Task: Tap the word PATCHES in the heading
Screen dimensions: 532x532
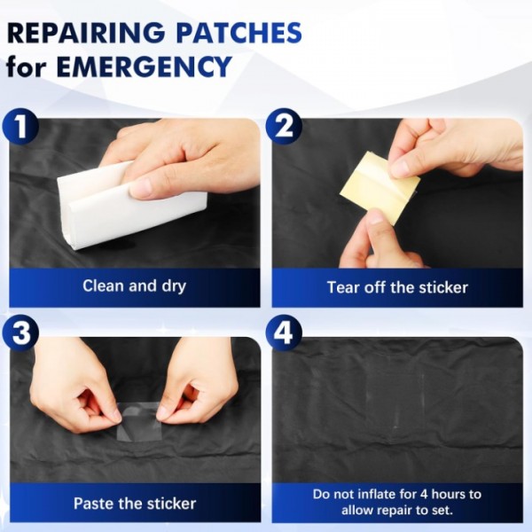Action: tap(239, 33)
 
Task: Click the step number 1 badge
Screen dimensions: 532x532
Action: tap(20, 127)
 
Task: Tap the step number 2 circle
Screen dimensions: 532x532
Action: tap(284, 127)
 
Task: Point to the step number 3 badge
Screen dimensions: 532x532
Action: tap(20, 333)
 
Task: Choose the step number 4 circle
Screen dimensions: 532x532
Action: tap(284, 333)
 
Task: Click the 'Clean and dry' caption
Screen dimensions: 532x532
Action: tap(135, 286)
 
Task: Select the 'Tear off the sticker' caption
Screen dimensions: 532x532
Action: tap(397, 287)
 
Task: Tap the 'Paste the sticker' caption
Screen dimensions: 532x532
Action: tap(135, 504)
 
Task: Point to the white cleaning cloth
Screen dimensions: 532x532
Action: tap(132, 206)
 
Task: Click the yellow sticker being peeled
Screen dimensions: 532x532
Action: tap(380, 188)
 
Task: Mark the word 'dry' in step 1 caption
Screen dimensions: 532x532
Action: tap(174, 286)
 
